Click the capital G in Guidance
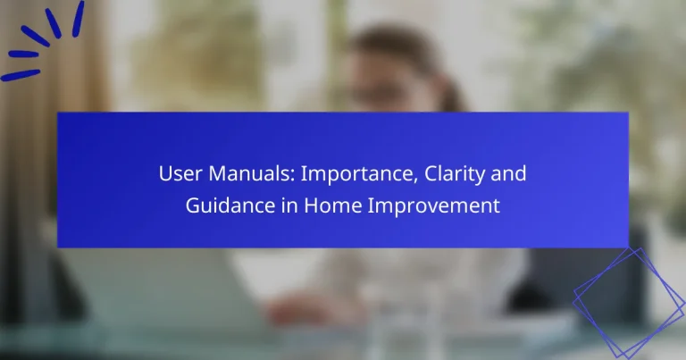[x=193, y=205]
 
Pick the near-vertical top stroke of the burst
[x=78, y=13]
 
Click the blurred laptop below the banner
[x=161, y=286]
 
